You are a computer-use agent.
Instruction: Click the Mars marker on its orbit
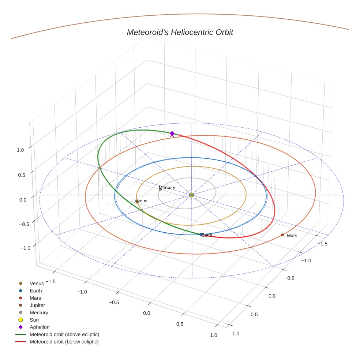click(x=282, y=235)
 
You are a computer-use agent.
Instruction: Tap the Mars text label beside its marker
click(x=292, y=236)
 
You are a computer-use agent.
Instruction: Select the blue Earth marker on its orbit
click(x=201, y=235)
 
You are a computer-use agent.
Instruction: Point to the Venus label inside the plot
click(x=141, y=201)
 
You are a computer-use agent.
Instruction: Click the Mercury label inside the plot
click(x=167, y=188)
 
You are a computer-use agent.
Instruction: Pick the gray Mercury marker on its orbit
click(x=160, y=190)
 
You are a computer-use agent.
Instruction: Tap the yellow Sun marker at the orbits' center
click(x=192, y=195)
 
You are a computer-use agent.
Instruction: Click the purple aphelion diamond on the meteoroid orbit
click(x=172, y=134)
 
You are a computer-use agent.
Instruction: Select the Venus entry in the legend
click(x=37, y=284)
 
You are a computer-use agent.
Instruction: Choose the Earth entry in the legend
click(x=36, y=291)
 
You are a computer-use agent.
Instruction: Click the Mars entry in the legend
click(x=35, y=298)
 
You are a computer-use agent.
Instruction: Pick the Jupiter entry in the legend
click(x=37, y=305)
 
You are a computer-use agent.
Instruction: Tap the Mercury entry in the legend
click(x=39, y=313)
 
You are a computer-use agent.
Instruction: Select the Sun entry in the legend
click(x=34, y=320)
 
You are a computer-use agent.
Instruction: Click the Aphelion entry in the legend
click(x=40, y=327)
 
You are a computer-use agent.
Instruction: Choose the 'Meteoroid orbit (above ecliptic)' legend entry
click(x=64, y=334)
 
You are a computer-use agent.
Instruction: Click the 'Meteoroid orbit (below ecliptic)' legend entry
click(x=64, y=342)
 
